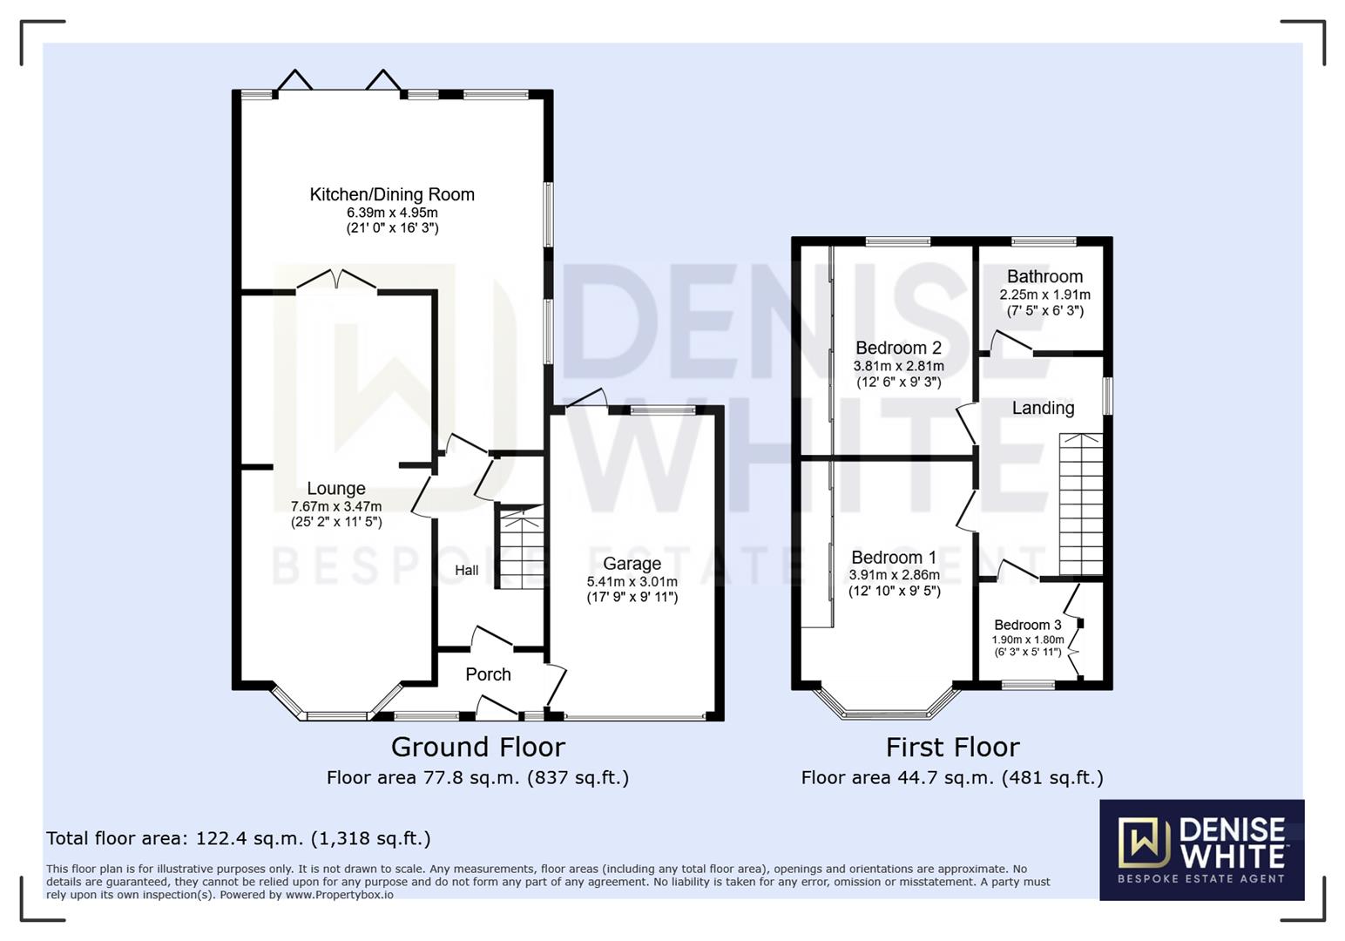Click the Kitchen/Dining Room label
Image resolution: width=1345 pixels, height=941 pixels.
click(392, 194)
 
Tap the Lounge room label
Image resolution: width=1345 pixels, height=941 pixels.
click(335, 489)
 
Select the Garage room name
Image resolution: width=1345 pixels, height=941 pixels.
click(632, 564)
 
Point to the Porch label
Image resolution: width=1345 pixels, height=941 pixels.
click(488, 674)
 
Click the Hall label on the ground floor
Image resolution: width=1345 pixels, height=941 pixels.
click(466, 571)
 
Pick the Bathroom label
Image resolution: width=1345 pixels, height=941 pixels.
click(1044, 277)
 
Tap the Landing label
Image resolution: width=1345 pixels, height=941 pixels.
click(1043, 408)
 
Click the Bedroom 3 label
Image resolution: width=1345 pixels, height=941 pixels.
click(1027, 625)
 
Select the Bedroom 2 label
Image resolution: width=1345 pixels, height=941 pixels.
click(898, 348)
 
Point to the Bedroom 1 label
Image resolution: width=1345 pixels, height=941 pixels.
click(894, 558)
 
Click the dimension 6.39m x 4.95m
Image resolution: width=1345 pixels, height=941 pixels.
click(392, 213)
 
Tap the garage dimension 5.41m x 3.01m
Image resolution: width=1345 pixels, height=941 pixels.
click(632, 582)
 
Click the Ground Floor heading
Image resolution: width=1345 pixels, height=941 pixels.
click(477, 748)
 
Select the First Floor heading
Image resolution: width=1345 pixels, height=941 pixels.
click(952, 748)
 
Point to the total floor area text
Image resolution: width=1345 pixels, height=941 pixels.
click(238, 839)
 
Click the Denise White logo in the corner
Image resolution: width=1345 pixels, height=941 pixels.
click(1201, 850)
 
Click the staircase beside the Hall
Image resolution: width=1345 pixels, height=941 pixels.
click(520, 549)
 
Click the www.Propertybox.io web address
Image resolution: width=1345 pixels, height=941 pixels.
click(339, 895)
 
